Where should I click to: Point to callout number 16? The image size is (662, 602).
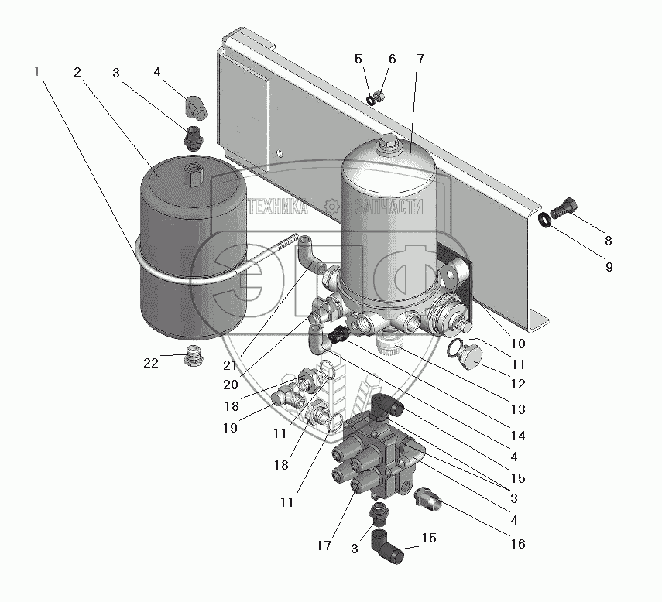(x=518, y=544)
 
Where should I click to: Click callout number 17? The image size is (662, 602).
(x=324, y=546)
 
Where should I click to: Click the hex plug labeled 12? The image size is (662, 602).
(x=470, y=357)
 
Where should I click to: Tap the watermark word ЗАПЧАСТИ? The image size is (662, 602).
(x=389, y=207)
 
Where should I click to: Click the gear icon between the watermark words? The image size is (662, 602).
(x=332, y=207)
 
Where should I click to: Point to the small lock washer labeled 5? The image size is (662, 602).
(x=370, y=101)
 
